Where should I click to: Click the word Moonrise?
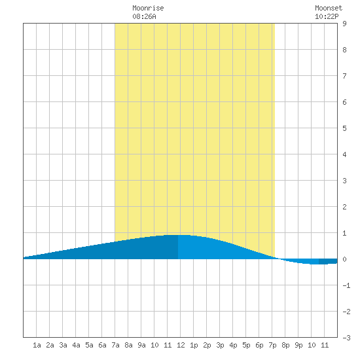tap(148, 9)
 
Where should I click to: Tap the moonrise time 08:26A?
tap(144, 16)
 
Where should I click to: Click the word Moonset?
tap(329, 9)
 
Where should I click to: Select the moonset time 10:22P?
tap(327, 16)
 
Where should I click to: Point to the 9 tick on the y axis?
tap(344, 24)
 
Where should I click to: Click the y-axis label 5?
tap(344, 128)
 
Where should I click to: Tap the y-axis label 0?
tap(344, 259)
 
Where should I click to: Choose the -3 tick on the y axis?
tap(346, 338)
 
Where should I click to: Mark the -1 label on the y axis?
tap(346, 285)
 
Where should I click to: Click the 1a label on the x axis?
tap(37, 345)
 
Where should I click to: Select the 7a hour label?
tap(115, 345)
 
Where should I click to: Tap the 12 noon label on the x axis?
tap(181, 345)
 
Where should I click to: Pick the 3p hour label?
tap(220, 345)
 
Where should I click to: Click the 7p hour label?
tap(272, 345)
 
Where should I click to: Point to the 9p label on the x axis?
tap(298, 345)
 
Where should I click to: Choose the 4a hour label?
tap(76, 345)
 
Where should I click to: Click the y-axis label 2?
tap(344, 207)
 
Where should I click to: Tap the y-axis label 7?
tap(344, 76)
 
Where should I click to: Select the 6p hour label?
tap(259, 345)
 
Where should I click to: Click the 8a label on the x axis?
tap(128, 345)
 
